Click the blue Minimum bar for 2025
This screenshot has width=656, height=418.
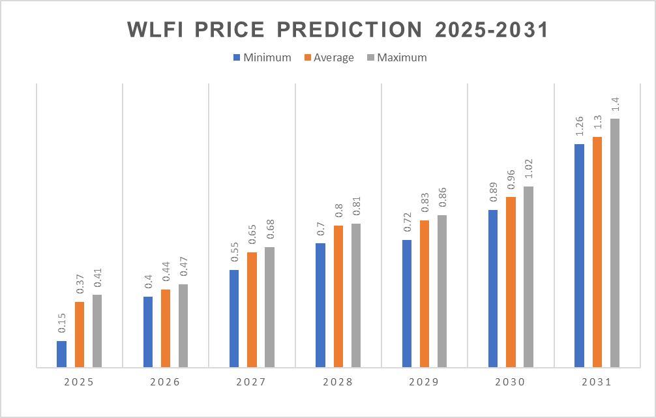tap(61, 354)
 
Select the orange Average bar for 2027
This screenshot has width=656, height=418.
tap(252, 310)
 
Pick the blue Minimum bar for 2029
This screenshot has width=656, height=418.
tap(407, 304)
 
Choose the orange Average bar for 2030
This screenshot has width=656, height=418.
tap(511, 282)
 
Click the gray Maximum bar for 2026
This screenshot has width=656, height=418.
tap(183, 326)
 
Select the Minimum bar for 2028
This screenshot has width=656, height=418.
tap(320, 305)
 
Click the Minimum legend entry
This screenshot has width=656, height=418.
tap(261, 57)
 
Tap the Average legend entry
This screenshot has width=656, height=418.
tap(329, 57)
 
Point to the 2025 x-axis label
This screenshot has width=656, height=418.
tap(80, 382)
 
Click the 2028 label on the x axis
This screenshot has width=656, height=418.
tap(338, 382)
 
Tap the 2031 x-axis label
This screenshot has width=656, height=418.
tap(596, 382)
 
